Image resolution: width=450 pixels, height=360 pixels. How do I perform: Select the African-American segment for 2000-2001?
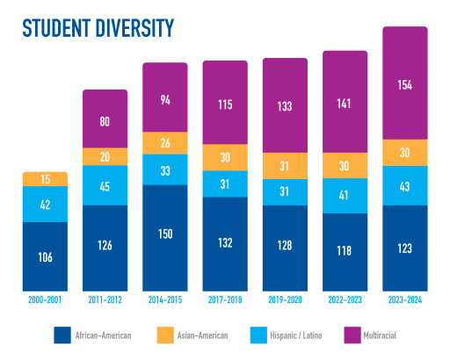(x=45, y=256)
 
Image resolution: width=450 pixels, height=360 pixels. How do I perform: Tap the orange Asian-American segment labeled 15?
(x=45, y=179)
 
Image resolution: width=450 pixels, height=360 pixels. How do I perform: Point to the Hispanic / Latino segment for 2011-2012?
(x=105, y=185)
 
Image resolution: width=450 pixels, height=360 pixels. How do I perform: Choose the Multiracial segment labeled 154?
(x=405, y=83)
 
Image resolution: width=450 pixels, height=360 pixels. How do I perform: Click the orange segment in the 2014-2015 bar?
(x=165, y=142)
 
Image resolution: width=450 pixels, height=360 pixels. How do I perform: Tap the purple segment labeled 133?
(x=286, y=105)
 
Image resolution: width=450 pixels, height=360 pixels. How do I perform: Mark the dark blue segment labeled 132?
(x=225, y=244)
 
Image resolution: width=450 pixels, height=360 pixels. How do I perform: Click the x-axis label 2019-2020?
(x=286, y=300)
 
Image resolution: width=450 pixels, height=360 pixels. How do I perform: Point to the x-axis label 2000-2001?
(x=45, y=300)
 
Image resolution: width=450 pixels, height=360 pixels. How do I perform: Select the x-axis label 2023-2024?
(x=405, y=300)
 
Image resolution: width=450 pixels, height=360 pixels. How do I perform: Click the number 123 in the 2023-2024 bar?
(x=405, y=248)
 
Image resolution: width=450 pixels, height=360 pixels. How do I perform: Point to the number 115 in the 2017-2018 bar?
(x=225, y=103)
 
